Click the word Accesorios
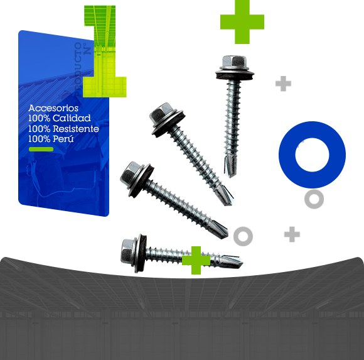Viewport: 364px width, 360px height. [x=53, y=108]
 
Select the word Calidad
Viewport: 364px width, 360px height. [x=72, y=118]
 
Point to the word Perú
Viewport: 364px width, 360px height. [x=63, y=139]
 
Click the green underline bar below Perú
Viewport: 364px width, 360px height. [x=41, y=149]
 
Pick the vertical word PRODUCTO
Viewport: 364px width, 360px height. [x=78, y=70]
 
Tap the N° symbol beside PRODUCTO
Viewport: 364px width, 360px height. [x=87, y=48]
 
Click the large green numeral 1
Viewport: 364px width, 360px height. [x=105, y=52]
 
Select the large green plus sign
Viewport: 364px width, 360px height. [x=242, y=22]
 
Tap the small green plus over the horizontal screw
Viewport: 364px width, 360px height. [x=196, y=260]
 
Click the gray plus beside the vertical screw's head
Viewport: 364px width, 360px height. [x=283, y=84]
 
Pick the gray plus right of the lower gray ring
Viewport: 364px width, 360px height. [x=292, y=234]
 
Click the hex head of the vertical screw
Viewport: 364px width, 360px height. [x=234, y=62]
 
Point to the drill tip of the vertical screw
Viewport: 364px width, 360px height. [x=230, y=165]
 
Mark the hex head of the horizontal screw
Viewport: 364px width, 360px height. [x=127, y=251]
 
